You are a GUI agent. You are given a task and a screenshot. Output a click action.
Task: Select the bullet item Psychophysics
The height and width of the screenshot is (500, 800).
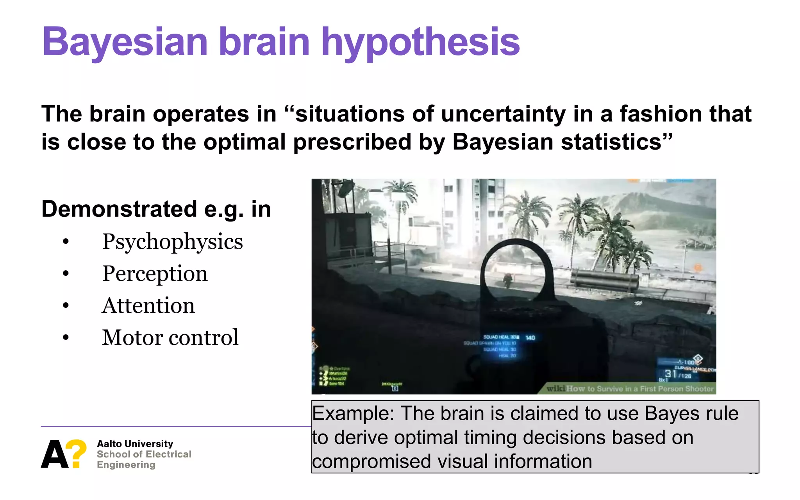tap(172, 242)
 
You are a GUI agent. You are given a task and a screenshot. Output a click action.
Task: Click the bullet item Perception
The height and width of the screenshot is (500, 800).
tap(155, 274)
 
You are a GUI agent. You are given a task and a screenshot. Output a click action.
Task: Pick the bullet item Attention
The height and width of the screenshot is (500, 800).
tap(148, 306)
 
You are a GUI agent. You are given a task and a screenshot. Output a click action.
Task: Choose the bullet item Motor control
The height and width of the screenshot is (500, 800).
tap(170, 337)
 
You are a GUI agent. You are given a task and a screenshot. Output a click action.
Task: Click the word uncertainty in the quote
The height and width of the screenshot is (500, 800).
tap(503, 114)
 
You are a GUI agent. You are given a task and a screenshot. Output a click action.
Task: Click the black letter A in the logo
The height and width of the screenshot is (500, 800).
tap(54, 454)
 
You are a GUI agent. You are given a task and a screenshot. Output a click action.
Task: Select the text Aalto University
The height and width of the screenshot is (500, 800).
tap(135, 444)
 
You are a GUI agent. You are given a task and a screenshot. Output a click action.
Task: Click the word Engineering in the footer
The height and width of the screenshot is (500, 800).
tap(126, 465)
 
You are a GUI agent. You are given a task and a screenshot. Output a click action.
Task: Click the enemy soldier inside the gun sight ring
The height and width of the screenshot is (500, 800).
tap(507, 279)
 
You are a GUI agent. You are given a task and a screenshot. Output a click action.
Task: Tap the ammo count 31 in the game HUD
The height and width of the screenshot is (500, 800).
tap(670, 374)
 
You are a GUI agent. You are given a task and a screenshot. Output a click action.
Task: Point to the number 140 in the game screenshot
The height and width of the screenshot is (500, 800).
tap(530, 337)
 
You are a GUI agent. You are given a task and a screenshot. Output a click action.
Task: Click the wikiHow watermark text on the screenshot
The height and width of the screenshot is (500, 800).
tap(630, 389)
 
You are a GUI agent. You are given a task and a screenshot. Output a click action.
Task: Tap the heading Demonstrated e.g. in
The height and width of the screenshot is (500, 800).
tap(156, 209)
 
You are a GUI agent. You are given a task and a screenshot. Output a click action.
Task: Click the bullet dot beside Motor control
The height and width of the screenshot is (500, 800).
tap(66, 337)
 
